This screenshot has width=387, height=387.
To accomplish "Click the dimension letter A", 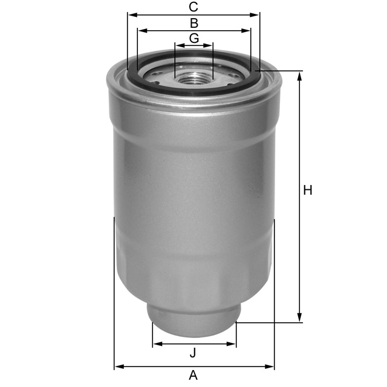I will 193,376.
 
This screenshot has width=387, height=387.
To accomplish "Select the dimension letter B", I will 194,24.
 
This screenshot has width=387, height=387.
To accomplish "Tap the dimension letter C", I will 193,7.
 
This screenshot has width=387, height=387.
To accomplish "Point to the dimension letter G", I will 193,38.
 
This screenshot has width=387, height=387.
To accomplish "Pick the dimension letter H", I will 308,190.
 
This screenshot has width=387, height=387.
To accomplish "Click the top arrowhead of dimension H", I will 299,74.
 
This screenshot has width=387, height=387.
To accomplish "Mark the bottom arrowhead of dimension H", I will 299,319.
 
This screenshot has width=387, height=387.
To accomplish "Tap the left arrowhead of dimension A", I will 118,366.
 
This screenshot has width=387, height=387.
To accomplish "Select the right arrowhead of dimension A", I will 271,366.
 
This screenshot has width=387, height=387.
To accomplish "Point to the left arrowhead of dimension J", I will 156,344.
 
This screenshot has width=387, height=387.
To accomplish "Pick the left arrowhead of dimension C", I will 131,15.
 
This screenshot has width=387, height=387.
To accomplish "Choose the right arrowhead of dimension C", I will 256,15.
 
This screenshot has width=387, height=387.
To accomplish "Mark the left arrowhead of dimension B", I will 141,30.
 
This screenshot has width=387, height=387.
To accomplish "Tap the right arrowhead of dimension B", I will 247,30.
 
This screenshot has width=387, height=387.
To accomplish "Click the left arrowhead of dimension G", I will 178,45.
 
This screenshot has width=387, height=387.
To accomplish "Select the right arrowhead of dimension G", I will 209,45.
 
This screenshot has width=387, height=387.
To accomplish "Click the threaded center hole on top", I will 193,77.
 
